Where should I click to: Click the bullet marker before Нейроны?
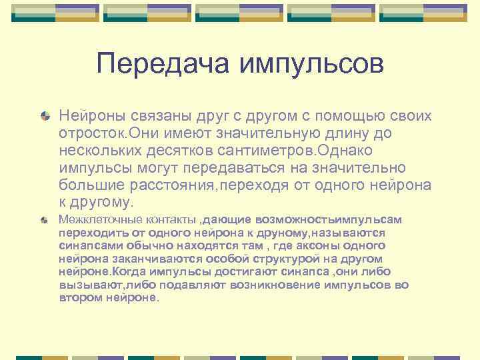pyautogui.click(x=45, y=116)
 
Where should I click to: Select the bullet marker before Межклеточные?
pyautogui.click(x=45, y=219)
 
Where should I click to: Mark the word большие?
pyautogui.click(x=87, y=185)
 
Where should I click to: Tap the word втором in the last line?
pyautogui.click(x=76, y=298)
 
